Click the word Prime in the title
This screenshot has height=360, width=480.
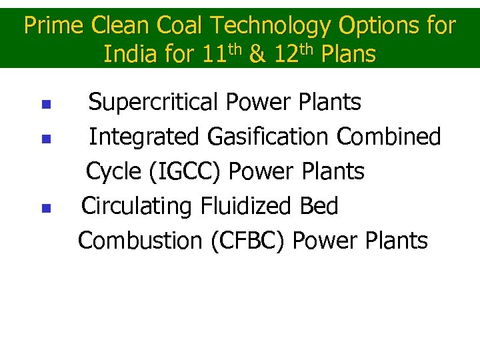click(x=54, y=26)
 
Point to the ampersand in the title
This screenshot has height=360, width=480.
click(x=256, y=54)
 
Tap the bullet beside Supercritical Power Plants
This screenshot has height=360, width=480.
click(x=45, y=105)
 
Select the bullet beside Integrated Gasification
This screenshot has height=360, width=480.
click(x=45, y=139)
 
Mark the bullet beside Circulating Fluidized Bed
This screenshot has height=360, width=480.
click(x=45, y=209)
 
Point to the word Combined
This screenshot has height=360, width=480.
click(x=389, y=137)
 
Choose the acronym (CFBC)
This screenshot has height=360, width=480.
click(x=247, y=241)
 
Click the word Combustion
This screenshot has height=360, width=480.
click(x=140, y=241)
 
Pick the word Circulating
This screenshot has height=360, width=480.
click(x=137, y=207)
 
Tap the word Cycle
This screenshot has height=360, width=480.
click(x=113, y=172)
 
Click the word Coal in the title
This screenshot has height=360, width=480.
click(x=182, y=26)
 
